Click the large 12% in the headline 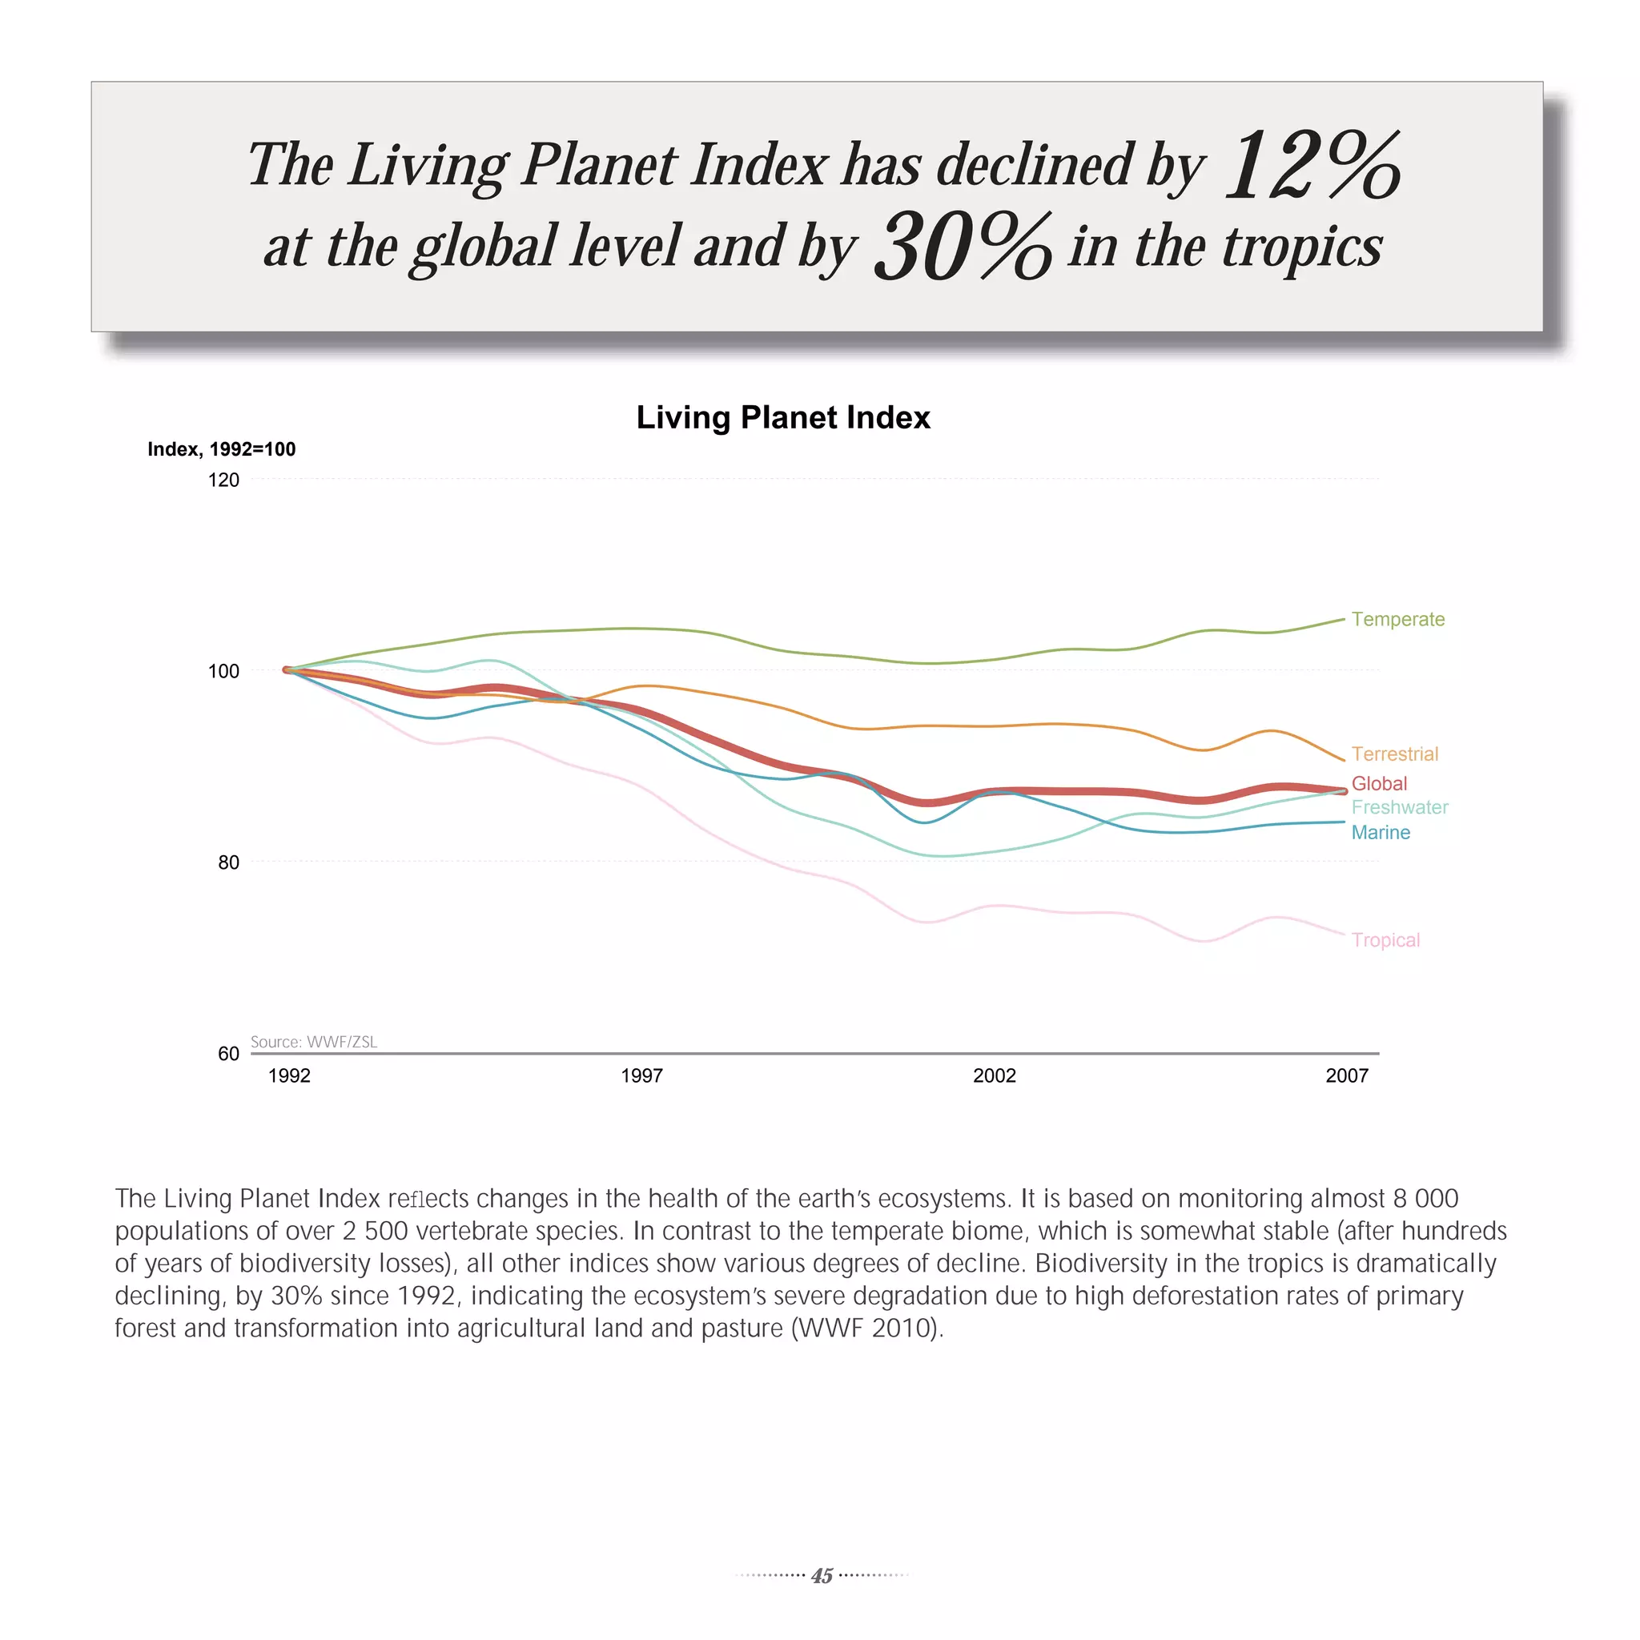(x=1312, y=166)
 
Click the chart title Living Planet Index (x=782, y=418)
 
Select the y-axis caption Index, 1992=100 (x=222, y=449)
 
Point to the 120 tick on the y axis (x=223, y=480)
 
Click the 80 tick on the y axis (x=228, y=862)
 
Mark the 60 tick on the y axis (x=228, y=1054)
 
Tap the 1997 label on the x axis (x=641, y=1075)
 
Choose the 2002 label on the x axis (x=994, y=1075)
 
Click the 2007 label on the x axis (x=1346, y=1075)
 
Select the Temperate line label (x=1397, y=619)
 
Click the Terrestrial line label (x=1395, y=754)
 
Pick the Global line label (x=1379, y=783)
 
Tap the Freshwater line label (x=1399, y=807)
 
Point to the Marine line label (x=1381, y=833)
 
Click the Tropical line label (x=1385, y=939)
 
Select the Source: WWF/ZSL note (x=313, y=1042)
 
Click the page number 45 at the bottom (x=821, y=1575)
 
